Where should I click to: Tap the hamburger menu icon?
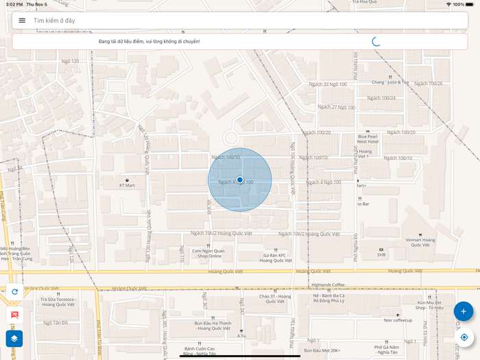(22, 21)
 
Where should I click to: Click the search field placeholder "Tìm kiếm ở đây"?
(54, 21)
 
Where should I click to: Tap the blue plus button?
(464, 311)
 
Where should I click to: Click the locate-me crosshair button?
(464, 337)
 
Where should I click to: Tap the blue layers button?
(14, 338)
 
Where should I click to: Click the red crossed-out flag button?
(14, 315)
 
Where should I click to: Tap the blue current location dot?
(240, 180)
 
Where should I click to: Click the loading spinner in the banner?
(376, 41)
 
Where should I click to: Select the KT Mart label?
(127, 184)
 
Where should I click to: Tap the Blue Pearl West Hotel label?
(368, 139)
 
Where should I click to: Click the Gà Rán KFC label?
(276, 257)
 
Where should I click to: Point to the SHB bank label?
(381, 254)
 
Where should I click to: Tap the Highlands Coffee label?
(328, 285)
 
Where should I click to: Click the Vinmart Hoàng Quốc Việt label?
(420, 242)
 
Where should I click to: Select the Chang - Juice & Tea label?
(390, 82)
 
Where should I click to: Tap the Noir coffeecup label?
(398, 320)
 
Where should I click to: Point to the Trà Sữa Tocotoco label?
(58, 301)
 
